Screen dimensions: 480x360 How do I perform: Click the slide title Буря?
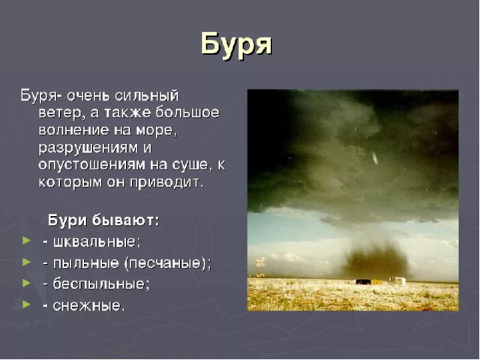(x=236, y=45)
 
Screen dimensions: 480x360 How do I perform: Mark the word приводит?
(x=166, y=183)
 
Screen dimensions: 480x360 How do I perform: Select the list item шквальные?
(x=97, y=241)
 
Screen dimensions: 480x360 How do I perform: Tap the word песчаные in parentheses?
(x=165, y=263)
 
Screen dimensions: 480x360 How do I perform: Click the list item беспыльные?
(x=101, y=284)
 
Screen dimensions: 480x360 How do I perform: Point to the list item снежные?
(x=88, y=305)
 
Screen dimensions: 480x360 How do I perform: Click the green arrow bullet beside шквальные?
(x=27, y=241)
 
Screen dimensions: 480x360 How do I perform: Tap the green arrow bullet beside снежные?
(x=27, y=304)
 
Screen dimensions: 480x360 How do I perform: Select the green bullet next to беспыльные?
(x=27, y=283)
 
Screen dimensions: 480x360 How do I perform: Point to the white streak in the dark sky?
(x=374, y=158)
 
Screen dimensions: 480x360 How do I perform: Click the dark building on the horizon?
(x=363, y=282)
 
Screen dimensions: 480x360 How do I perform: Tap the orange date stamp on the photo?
(x=261, y=267)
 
